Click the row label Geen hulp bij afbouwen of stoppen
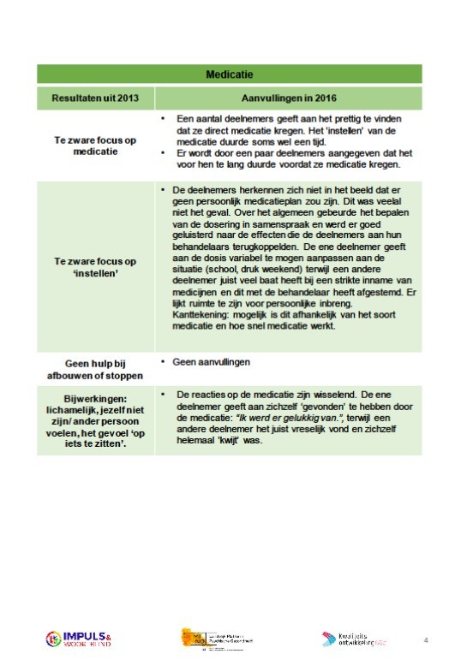point(96,367)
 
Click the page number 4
point(426,639)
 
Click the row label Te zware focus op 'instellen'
point(96,260)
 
